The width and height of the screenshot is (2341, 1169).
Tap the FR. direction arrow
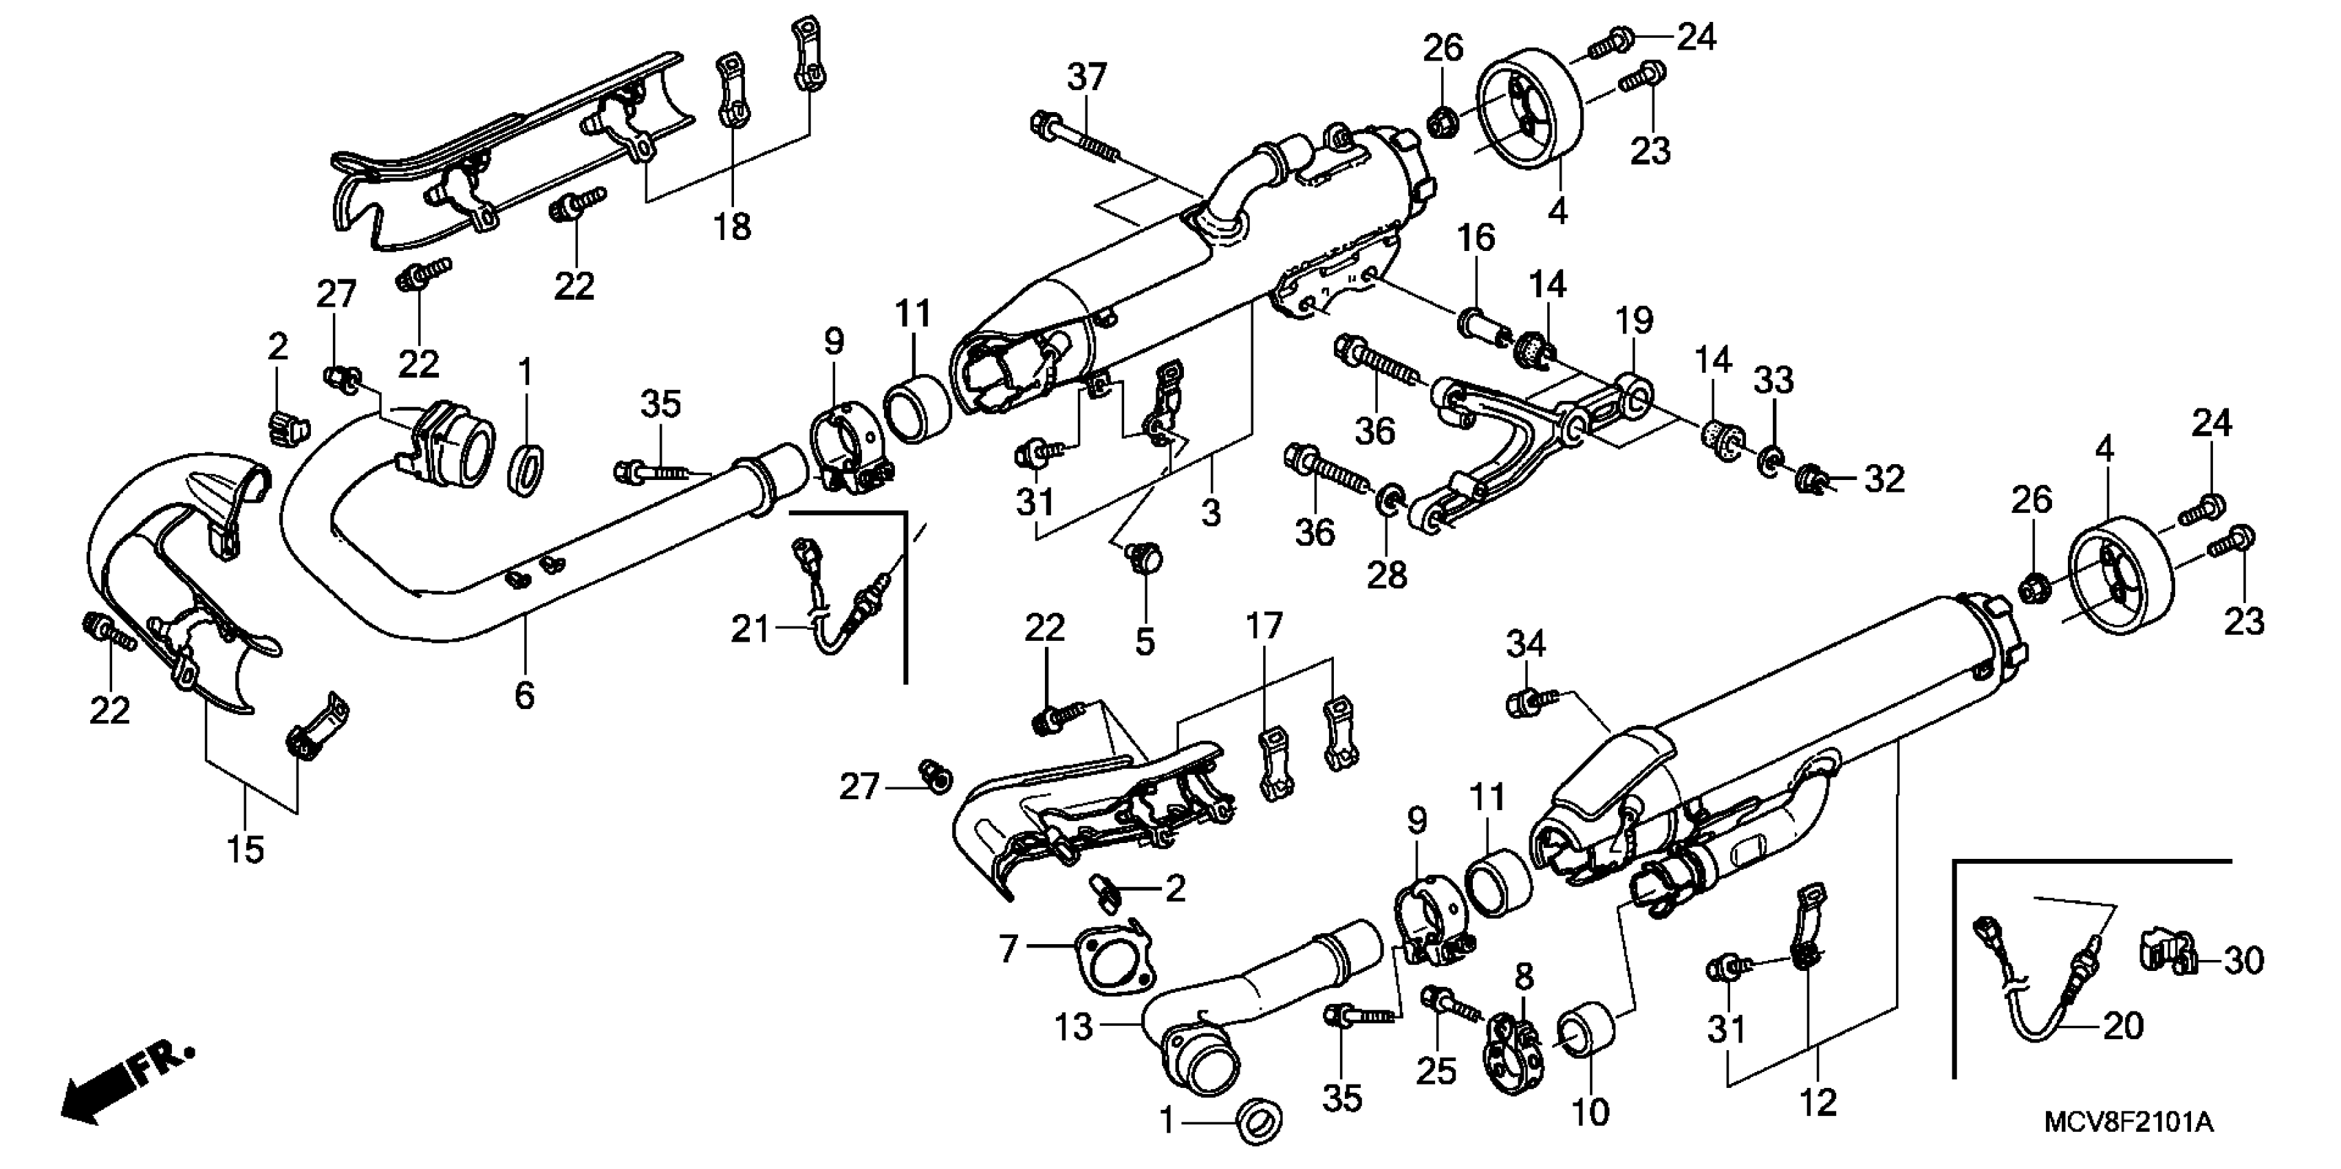tap(122, 1085)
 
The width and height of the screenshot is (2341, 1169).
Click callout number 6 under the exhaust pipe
tap(524, 696)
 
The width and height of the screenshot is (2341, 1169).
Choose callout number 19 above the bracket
tap(1633, 320)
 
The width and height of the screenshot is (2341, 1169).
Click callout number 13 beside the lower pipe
tap(1073, 1027)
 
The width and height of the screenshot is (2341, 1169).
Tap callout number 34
tap(1526, 644)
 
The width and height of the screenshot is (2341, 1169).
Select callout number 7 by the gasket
tap(1007, 949)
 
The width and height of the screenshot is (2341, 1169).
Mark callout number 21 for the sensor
tap(751, 629)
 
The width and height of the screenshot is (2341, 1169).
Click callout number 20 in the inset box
tap(2123, 1027)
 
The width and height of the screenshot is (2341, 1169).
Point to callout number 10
tap(1590, 1111)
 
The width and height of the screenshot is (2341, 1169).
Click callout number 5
tap(1144, 642)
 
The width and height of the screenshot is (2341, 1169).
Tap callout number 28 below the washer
tap(1387, 574)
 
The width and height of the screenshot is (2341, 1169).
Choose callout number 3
tap(1211, 512)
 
